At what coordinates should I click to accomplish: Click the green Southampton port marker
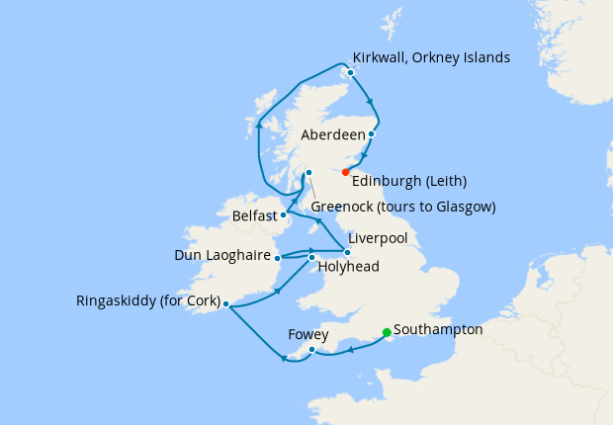[386, 333]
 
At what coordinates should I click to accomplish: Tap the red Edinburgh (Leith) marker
[345, 171]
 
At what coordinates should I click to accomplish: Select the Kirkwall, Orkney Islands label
[431, 57]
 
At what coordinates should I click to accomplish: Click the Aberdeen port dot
[372, 134]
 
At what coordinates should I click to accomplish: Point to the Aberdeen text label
[330, 134]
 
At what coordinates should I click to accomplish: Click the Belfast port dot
[284, 214]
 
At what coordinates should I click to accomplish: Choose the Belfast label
[255, 214]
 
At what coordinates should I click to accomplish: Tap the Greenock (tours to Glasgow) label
[402, 207]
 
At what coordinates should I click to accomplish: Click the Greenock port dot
[308, 173]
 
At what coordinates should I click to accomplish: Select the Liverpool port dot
[347, 253]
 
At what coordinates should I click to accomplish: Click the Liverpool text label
[381, 239]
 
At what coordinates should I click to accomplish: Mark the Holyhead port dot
[311, 258]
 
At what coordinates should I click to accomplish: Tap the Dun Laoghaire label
[222, 255]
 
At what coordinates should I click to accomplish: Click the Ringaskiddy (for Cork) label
[147, 301]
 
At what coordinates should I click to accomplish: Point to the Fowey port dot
[311, 349]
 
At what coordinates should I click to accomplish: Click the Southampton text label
[438, 329]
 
